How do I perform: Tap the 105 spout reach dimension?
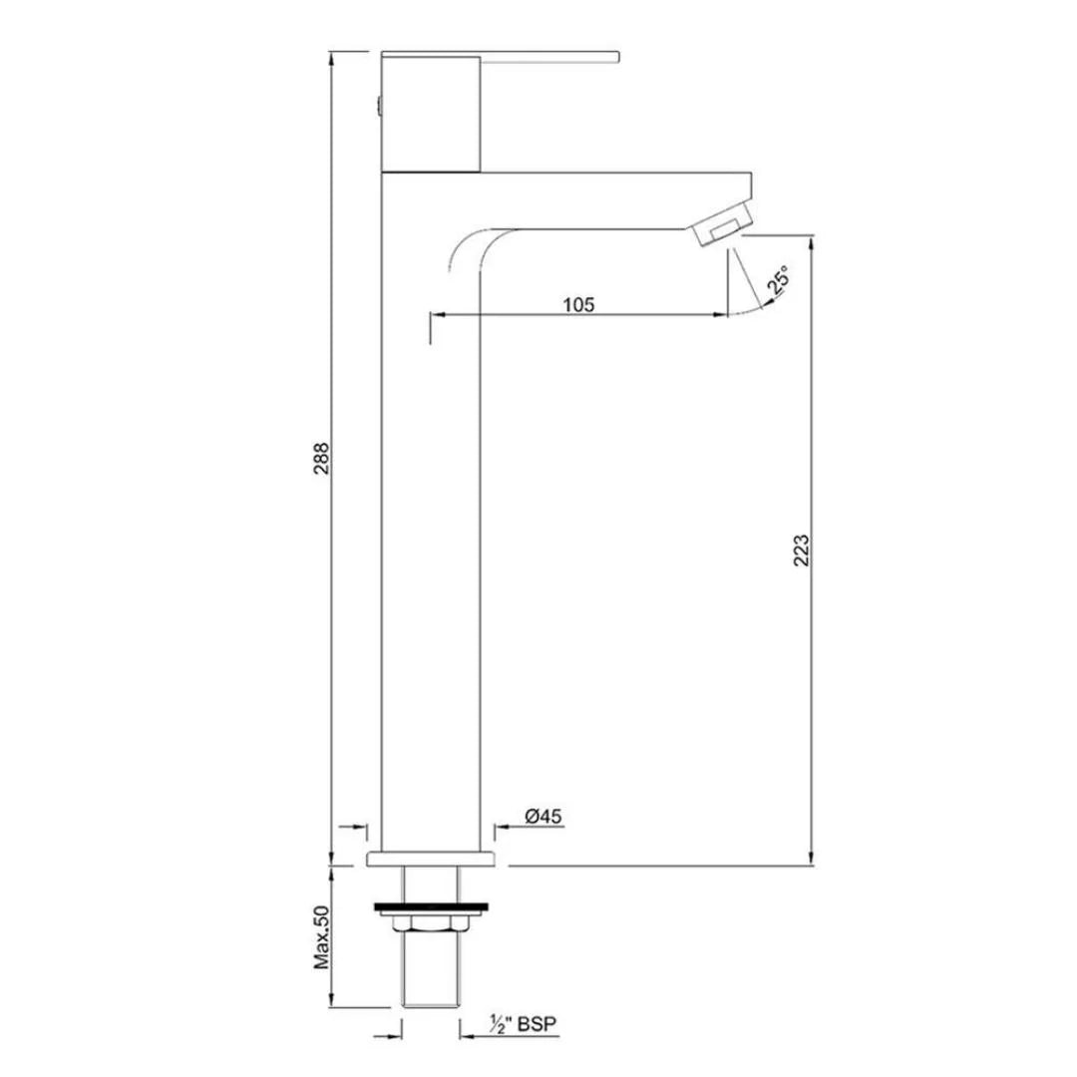pos(577,304)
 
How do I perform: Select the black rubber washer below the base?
pos(432,907)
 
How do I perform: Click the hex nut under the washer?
pos(432,925)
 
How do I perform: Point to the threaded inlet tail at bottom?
pos(432,982)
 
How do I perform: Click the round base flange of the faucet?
pos(432,860)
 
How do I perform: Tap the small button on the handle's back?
pos(378,106)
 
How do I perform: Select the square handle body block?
pos(432,115)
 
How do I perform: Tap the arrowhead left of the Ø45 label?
pos(504,826)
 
